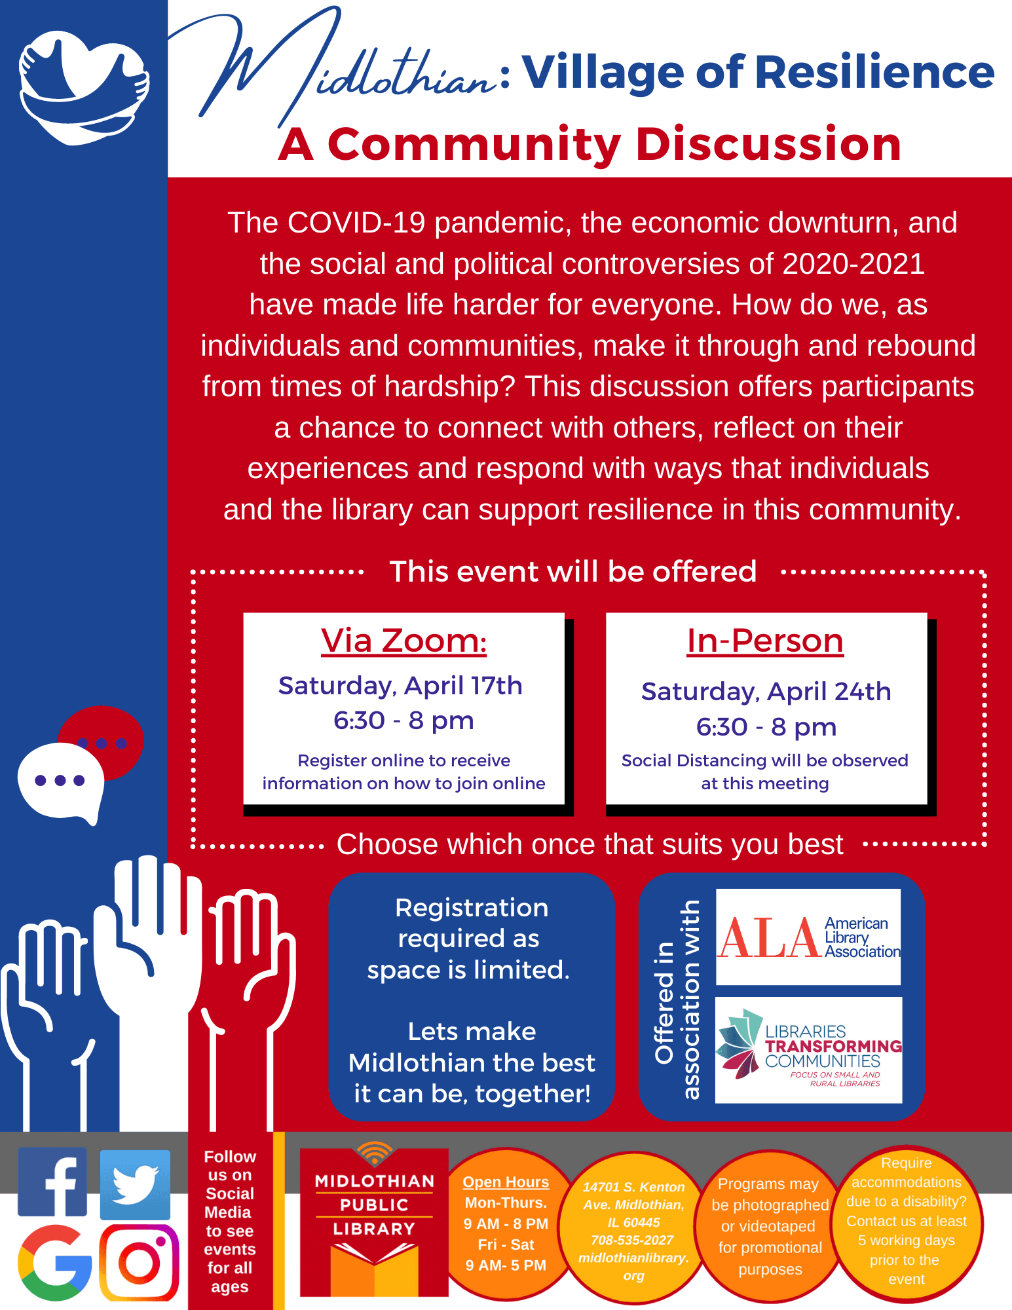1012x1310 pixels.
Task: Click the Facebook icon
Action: (52, 1182)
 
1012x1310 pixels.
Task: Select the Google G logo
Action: (55, 1263)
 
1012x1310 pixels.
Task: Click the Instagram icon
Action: (139, 1262)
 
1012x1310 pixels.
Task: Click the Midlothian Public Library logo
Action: (374, 1220)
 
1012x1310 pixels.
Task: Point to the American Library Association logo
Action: (808, 937)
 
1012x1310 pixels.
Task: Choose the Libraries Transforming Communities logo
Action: (808, 1050)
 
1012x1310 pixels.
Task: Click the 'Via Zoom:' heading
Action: (403, 641)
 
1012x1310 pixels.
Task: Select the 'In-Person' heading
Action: (765, 641)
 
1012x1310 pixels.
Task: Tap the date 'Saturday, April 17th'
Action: (400, 686)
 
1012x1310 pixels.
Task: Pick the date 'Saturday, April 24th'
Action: (766, 692)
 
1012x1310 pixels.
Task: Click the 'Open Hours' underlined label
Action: (506, 1182)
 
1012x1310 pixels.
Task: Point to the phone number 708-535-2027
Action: (632, 1240)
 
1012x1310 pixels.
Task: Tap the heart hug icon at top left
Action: (84, 87)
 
